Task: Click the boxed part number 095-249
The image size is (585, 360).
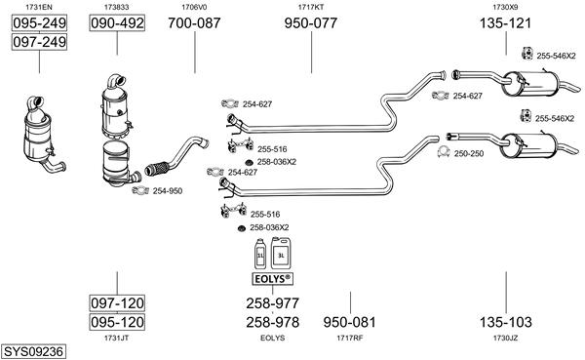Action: point(39,23)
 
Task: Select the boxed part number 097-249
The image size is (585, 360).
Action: point(39,41)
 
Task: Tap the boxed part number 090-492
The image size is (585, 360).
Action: point(117,23)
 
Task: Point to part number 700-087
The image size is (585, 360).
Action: point(194,23)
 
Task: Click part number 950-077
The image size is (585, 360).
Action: point(311,23)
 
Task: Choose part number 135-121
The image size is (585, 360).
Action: point(505,23)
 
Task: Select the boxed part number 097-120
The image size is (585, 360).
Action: point(117,302)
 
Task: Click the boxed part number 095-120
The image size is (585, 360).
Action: point(117,322)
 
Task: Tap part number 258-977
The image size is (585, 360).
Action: point(272,303)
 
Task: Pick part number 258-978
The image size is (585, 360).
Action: point(272,322)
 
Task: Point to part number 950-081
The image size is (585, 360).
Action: point(349,322)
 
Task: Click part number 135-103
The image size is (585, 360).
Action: point(505,322)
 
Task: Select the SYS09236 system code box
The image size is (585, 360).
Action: point(33,351)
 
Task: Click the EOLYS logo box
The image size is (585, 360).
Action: point(272,279)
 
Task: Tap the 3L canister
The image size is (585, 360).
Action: point(281,253)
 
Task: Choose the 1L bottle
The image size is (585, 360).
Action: point(260,254)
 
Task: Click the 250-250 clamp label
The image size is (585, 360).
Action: point(469,153)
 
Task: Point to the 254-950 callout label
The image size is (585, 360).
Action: point(168,191)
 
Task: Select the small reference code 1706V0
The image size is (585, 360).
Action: point(194,7)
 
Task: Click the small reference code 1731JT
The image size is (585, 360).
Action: point(116,338)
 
